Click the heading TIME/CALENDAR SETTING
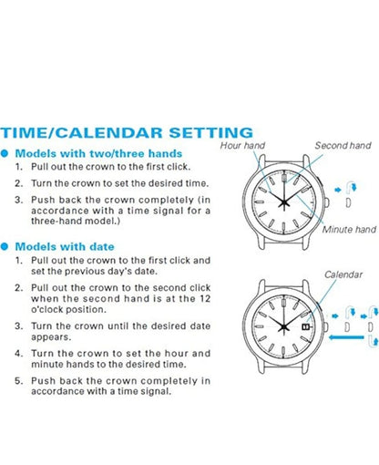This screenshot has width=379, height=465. pos(127,133)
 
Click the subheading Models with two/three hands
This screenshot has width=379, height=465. pos(98,153)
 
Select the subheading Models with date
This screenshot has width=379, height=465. pos(65,246)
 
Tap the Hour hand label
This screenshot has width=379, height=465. pos(242,145)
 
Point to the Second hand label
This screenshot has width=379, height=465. pos(343,145)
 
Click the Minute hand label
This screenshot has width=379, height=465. pos(349,229)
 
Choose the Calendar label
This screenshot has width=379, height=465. pos(343,274)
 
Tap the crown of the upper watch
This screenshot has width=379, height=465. pos(326,202)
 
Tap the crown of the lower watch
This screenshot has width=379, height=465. pos(326,327)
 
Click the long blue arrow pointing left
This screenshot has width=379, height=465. pos(346,337)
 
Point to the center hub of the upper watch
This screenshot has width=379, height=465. pos(284,202)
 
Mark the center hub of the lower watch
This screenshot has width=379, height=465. pos(284,327)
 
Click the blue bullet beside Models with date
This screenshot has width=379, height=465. pos(4,246)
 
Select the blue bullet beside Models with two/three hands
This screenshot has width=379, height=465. pos(4,153)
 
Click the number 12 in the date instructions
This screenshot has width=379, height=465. pos(205,299)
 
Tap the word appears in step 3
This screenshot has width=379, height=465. pos(51,337)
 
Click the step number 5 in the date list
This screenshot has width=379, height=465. pos(19,381)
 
